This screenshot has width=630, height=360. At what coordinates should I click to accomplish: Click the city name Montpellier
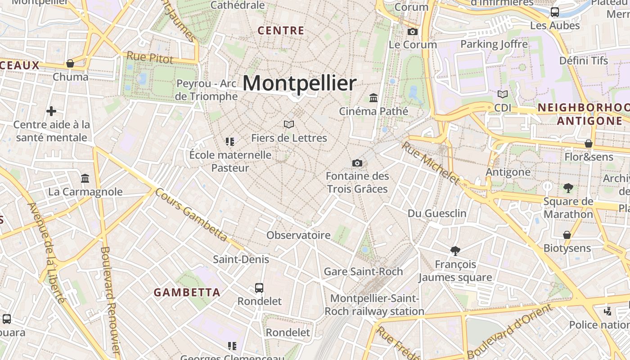point(299,83)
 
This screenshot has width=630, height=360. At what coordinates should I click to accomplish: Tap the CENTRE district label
point(281,31)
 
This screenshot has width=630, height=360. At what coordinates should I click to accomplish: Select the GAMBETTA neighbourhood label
point(187,292)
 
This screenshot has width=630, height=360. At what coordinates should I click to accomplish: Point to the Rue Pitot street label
point(150,58)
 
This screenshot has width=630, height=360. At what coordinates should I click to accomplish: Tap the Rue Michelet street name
point(431,163)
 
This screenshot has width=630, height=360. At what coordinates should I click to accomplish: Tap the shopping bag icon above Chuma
point(70,63)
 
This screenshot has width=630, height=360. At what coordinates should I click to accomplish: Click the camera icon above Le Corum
point(412,31)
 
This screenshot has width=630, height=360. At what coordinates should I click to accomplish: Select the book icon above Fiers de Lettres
point(289,124)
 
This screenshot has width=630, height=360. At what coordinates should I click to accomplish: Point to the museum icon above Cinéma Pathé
point(373,98)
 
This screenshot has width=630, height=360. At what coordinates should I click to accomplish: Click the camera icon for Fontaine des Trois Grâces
point(357,163)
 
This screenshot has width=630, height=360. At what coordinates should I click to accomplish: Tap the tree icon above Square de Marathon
point(568,188)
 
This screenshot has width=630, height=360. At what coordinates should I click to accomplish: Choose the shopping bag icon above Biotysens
point(567,235)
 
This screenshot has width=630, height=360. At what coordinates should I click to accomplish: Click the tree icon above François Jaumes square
point(455,251)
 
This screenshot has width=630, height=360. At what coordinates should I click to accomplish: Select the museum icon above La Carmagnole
point(85,179)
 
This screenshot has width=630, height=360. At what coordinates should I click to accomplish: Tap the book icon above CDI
point(503,94)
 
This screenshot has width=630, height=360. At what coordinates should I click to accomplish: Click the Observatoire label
point(298,235)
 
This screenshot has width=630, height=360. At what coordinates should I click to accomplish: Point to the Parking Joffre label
point(494,44)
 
